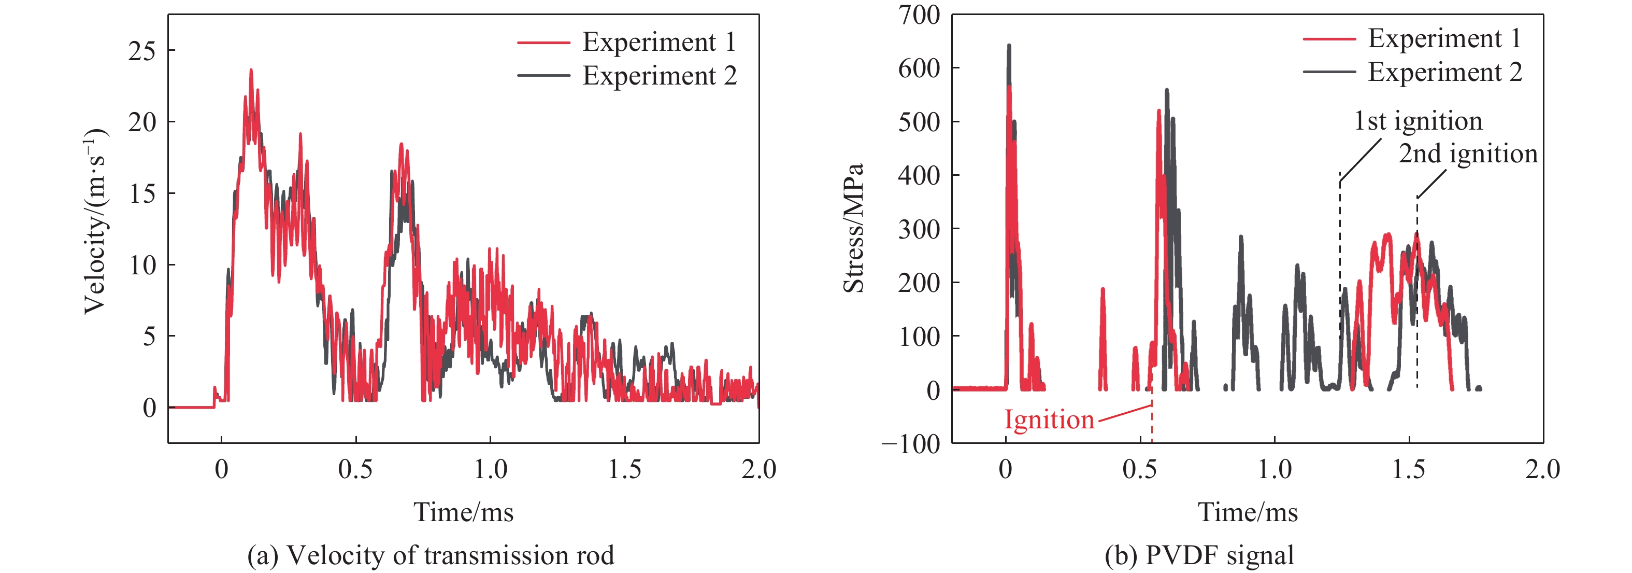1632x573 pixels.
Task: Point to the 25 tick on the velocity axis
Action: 142,51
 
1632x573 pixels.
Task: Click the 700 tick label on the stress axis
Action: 919,15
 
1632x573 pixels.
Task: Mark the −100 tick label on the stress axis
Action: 911,444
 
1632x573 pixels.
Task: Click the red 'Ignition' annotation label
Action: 1049,420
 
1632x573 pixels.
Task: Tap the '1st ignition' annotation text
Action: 1418,121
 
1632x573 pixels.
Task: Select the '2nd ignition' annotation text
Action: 1468,154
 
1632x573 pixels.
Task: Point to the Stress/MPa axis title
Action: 854,228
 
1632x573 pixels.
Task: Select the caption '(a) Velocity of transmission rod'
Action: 431,555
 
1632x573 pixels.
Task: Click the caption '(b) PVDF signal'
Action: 1199,555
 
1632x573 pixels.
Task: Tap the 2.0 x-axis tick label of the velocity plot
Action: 758,470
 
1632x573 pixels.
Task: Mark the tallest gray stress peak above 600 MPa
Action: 1009,46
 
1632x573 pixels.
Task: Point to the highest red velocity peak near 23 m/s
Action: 251,71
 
